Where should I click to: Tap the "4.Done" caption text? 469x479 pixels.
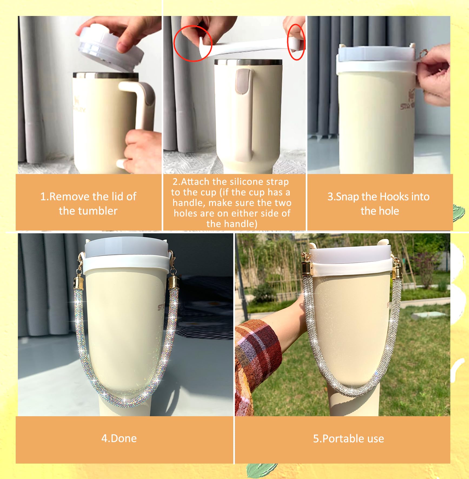(119, 438)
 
